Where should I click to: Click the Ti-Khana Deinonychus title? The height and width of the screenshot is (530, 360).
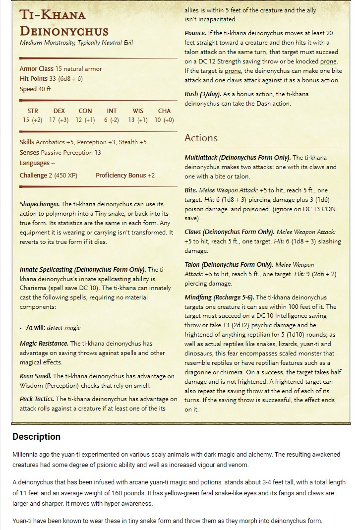(x=63, y=23)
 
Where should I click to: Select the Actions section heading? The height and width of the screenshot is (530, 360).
(x=201, y=138)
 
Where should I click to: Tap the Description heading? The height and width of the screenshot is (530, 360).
(x=36, y=436)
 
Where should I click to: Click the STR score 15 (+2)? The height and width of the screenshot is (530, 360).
(x=32, y=120)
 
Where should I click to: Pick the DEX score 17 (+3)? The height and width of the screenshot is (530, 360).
(x=59, y=120)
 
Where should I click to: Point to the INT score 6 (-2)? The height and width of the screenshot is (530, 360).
(x=112, y=120)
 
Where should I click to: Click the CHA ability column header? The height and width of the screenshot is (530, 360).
(x=164, y=111)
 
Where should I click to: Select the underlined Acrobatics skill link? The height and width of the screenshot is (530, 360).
(x=50, y=142)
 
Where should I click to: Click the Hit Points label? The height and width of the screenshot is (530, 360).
(x=34, y=78)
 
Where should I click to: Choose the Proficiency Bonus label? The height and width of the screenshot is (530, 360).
(x=120, y=175)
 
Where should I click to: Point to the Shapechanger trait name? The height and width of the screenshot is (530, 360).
(x=40, y=204)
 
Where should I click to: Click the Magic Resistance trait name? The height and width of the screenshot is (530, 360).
(x=44, y=344)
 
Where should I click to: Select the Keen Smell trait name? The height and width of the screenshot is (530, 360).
(x=36, y=376)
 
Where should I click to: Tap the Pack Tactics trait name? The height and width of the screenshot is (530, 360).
(x=37, y=399)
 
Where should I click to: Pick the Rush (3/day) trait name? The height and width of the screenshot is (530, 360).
(x=203, y=94)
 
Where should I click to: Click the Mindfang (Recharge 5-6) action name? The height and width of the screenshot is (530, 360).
(x=219, y=297)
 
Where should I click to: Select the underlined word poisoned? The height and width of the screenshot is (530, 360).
(x=256, y=209)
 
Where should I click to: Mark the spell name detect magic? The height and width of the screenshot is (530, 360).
(x=63, y=328)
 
